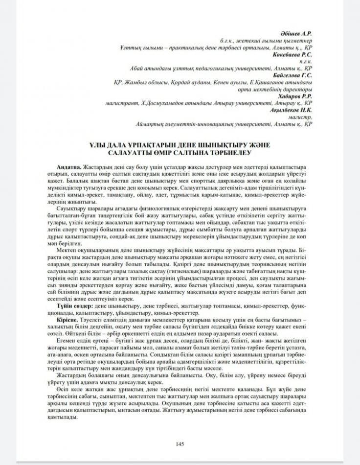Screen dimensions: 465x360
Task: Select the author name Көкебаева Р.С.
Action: point(294,55)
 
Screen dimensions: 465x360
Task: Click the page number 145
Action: point(180,444)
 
